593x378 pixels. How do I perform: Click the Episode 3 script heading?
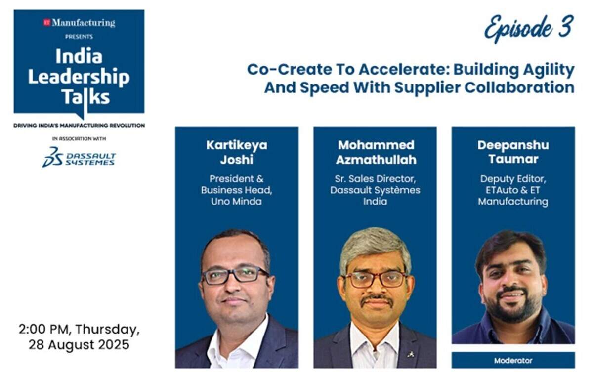pos(529,29)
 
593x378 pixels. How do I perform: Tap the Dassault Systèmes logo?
pos(79,157)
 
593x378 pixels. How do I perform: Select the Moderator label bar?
pos(513,360)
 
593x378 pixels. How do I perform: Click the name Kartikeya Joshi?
pos(237,152)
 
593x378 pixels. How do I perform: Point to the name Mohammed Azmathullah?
pos(376,152)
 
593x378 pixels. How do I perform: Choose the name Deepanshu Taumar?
pos(513,152)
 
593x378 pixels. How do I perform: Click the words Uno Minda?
pos(236,202)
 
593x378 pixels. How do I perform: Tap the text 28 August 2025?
pos(79,345)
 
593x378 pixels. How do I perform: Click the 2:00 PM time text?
pos(44,329)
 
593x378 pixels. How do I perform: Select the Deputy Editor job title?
pos(513,179)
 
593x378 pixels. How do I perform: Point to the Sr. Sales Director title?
pos(375,179)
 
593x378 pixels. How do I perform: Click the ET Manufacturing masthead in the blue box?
pos(80,23)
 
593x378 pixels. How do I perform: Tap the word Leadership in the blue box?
pos(79,77)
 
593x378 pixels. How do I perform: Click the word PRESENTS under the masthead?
pos(79,37)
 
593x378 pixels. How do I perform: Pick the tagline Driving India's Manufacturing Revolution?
pos(79,126)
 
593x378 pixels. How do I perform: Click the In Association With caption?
pos(79,138)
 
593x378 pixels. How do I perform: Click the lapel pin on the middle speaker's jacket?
pos(411,354)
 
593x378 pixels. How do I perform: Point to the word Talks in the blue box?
pos(86,97)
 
